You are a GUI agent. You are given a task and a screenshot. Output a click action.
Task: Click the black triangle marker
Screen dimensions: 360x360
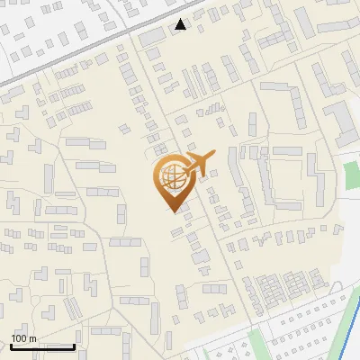pyautogui.click(x=181, y=24)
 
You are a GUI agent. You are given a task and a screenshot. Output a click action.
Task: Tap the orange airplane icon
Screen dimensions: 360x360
pyautogui.click(x=199, y=163)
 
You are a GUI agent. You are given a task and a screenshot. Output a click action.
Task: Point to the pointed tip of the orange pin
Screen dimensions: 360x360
pyautogui.click(x=171, y=211)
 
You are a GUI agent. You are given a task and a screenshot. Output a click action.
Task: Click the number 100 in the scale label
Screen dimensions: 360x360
pyautogui.click(x=20, y=338)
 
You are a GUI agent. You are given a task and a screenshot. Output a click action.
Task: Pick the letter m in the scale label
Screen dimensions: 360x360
pyautogui.click(x=33, y=338)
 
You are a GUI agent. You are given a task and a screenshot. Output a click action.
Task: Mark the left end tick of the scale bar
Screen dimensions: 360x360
pyautogui.click(x=11, y=346)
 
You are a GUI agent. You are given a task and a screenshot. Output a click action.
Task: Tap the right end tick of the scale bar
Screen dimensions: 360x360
pyautogui.click(x=74, y=346)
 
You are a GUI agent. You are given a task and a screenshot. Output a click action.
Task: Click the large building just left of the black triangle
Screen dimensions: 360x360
pyautogui.click(x=154, y=34)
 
